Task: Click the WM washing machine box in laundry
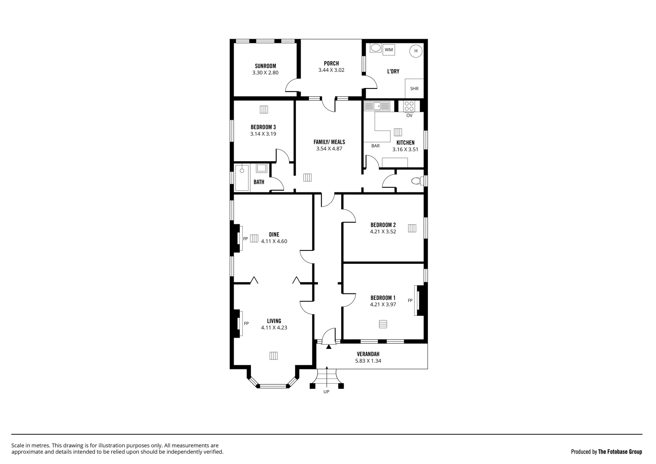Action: point(389,50)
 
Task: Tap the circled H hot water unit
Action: point(415,51)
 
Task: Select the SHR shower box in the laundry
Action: point(414,89)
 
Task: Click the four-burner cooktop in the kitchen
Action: point(409,106)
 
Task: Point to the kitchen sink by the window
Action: point(377,106)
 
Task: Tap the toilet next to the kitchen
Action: point(416,181)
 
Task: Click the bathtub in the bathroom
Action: point(242,177)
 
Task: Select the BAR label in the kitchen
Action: point(375,146)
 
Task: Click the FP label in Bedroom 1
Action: point(410,300)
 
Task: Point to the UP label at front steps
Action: point(326,392)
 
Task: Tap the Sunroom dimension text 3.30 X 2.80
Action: point(265,73)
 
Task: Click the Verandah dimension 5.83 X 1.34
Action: point(368,361)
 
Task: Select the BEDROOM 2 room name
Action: point(383,225)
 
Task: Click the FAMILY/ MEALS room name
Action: point(329,142)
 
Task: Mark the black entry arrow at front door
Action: point(329,346)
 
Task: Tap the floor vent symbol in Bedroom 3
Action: point(264,110)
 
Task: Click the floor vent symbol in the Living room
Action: point(274,355)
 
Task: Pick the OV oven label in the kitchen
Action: point(409,116)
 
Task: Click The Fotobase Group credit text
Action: point(620,452)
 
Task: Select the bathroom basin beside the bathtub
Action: point(261,168)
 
